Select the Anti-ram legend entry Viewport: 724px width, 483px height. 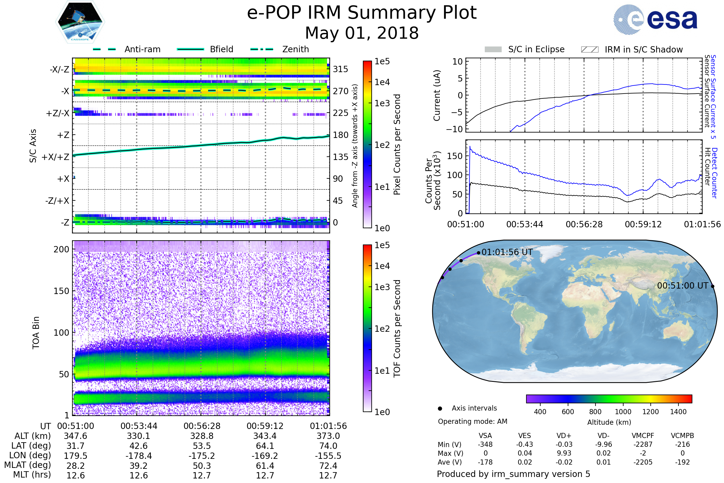[x=142, y=49]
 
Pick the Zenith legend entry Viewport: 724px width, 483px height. [x=296, y=49]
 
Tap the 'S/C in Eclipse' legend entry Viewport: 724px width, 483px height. [x=536, y=49]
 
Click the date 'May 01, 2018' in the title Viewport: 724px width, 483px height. [x=362, y=33]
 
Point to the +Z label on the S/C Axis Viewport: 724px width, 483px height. [x=63, y=135]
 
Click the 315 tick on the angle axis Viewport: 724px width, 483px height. [x=340, y=69]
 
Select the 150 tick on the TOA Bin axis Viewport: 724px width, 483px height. [x=61, y=291]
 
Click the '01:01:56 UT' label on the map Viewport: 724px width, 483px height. [x=507, y=252]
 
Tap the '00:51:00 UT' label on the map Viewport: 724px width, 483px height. [x=683, y=286]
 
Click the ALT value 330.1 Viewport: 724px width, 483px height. [x=138, y=436]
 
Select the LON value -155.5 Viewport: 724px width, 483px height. [x=328, y=456]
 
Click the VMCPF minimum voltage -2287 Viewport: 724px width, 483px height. [x=643, y=444]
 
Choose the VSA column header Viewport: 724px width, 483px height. [x=485, y=436]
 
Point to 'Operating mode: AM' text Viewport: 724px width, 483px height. [x=472, y=421]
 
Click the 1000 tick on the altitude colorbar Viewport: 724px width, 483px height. [x=623, y=412]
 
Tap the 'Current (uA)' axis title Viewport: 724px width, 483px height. [x=437, y=95]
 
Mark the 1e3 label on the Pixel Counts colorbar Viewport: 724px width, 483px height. [x=382, y=104]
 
